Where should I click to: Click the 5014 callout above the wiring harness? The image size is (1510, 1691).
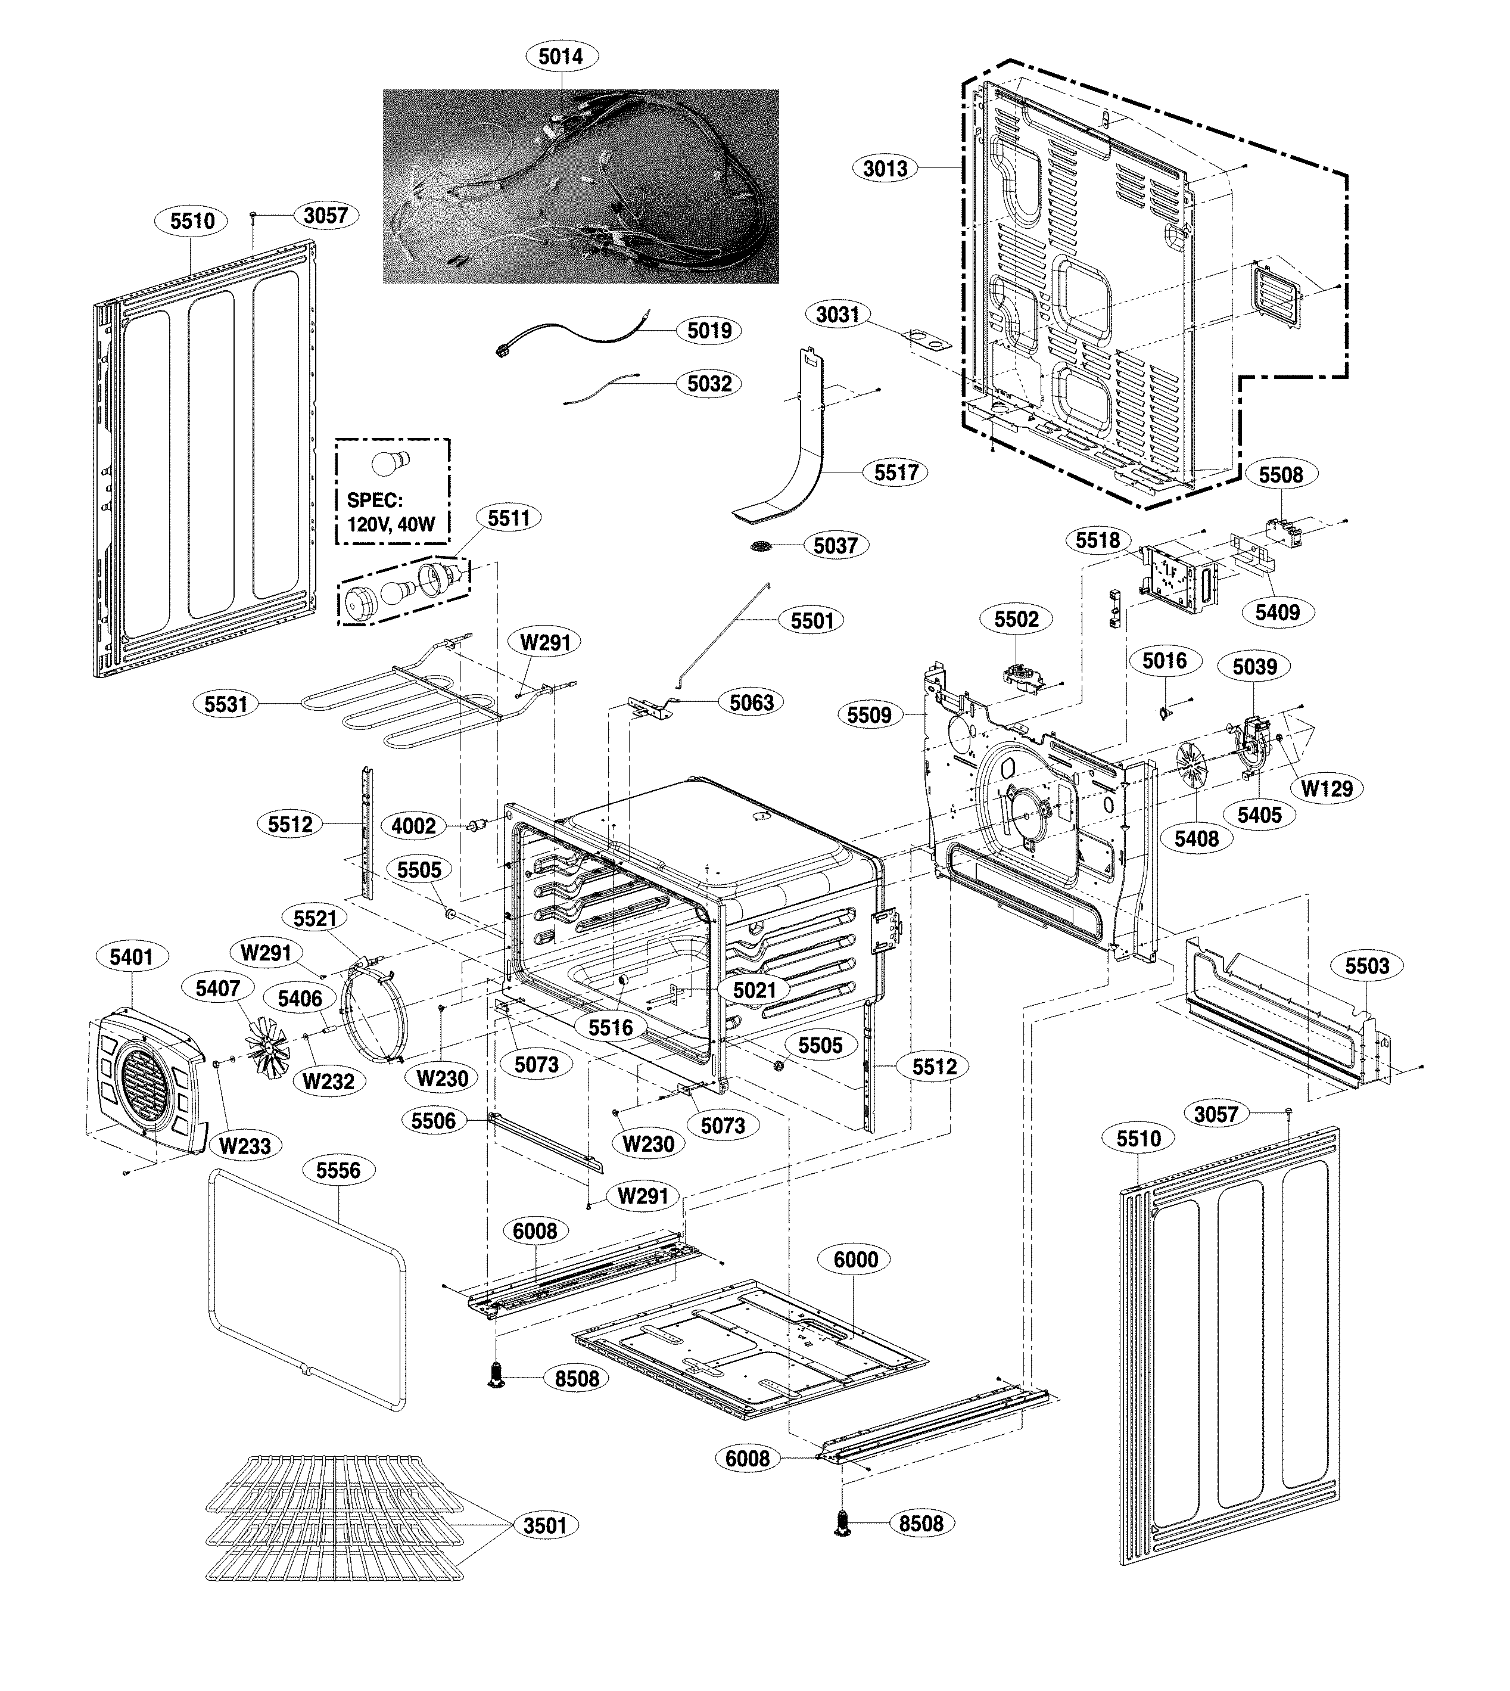coord(561,57)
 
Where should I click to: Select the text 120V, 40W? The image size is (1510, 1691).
coord(391,524)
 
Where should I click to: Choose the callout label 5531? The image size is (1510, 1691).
coord(226,704)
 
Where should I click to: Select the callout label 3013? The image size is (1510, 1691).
coord(885,169)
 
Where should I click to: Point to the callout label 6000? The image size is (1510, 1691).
coord(855,1260)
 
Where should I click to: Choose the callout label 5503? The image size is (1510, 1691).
coord(1367,966)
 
